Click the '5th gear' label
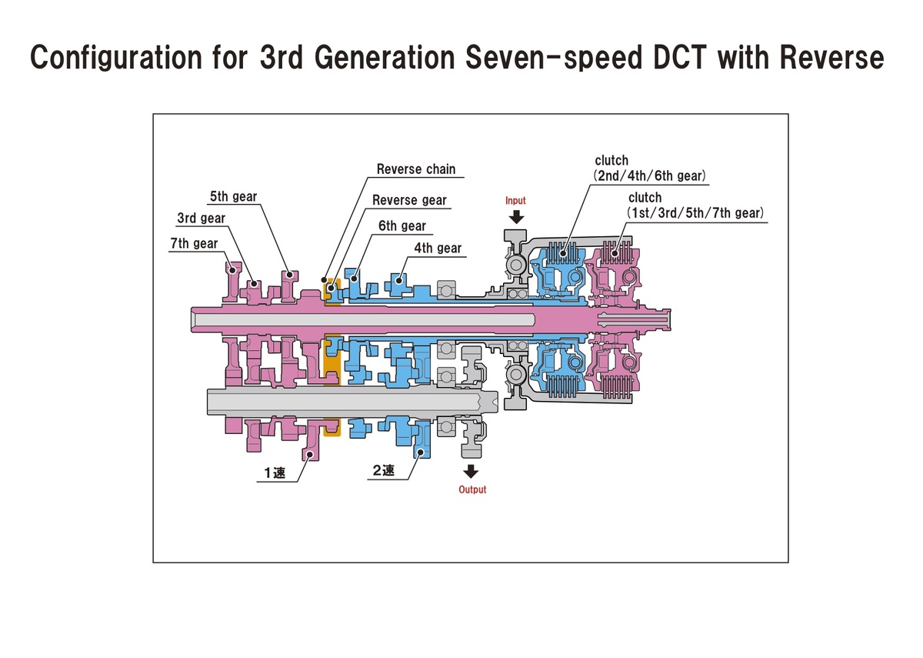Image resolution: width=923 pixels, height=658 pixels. point(233,196)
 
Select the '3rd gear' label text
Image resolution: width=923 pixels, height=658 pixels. point(201,218)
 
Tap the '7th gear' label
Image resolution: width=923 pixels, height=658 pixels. point(194,244)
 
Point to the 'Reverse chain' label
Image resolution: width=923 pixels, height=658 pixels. point(416,169)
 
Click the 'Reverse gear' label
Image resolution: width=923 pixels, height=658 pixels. point(409,200)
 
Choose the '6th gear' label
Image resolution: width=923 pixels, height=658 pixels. point(402,226)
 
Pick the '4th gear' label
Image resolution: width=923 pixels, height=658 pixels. point(438,248)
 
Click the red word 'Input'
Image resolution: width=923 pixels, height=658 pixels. point(515,201)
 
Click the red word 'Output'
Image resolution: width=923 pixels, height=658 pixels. point(472,489)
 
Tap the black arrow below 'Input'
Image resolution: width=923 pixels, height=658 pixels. point(516,217)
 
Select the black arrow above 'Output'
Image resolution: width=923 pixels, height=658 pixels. point(471,471)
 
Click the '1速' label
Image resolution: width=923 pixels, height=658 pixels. point(275,473)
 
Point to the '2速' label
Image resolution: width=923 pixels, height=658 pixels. point(383,470)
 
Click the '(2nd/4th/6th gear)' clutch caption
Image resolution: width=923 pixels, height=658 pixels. point(650,176)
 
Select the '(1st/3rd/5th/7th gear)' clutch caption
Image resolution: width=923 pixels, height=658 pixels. point(695,213)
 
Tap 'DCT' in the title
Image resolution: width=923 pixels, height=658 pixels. point(680,57)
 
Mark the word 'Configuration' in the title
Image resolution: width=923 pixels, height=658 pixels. point(116,58)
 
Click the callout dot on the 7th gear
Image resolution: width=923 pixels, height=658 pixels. point(232,270)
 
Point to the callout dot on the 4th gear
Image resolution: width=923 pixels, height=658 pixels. point(398,281)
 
